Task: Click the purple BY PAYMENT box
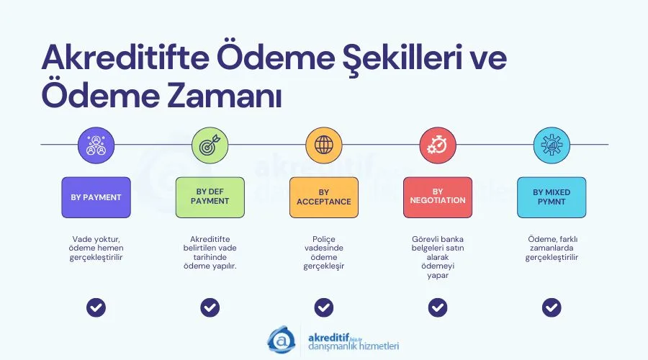coord(96,197)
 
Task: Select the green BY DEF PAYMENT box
coord(210,197)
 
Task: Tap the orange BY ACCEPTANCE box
coord(323,197)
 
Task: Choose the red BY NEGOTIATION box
coord(437,197)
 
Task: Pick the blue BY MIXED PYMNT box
coord(552,197)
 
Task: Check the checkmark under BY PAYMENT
coord(96,307)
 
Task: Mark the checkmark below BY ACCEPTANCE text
coord(323,307)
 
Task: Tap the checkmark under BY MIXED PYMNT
coord(552,307)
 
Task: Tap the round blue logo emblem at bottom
coord(282,339)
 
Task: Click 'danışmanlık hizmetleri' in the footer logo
coord(353,346)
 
